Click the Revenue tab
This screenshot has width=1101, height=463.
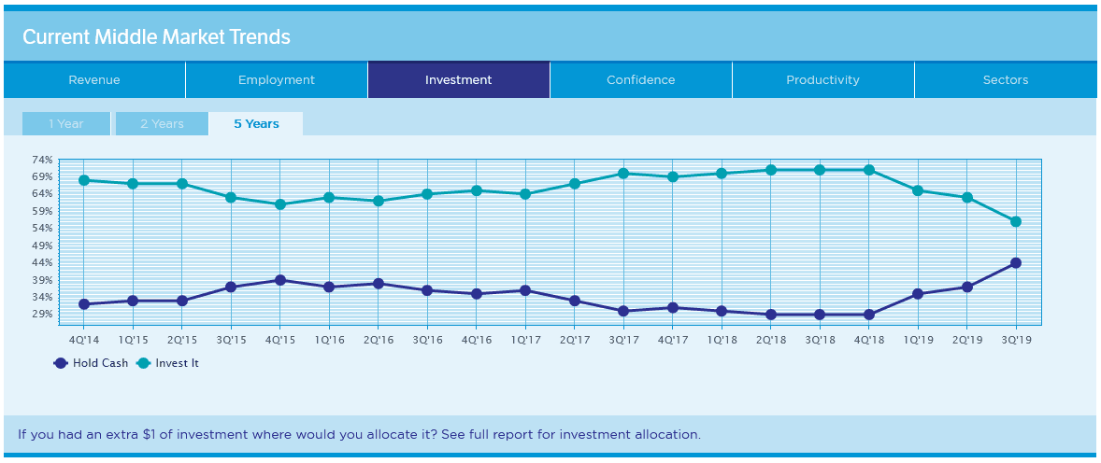click(94, 80)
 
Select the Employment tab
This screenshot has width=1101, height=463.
click(277, 80)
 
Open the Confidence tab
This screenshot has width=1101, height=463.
click(640, 80)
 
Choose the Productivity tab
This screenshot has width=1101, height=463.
click(822, 80)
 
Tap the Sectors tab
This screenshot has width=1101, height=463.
click(1005, 80)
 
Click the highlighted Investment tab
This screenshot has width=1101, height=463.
click(458, 80)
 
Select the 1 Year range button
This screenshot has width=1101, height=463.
click(66, 124)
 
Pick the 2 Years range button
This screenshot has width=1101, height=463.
click(162, 124)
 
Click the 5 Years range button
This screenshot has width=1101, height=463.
click(256, 124)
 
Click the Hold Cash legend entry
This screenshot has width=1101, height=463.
click(92, 363)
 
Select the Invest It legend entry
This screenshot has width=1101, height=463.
click(169, 363)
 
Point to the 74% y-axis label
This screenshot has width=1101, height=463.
click(42, 161)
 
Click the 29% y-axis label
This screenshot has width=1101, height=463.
click(42, 314)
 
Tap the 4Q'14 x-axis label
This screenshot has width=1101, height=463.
click(84, 340)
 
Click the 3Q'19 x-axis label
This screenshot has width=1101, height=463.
click(1016, 340)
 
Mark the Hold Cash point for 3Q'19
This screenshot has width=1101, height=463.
click(1016, 263)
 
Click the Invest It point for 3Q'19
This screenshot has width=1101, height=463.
click(1016, 221)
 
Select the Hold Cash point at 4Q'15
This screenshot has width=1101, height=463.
click(280, 280)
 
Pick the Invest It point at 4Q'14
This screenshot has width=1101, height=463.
click(84, 180)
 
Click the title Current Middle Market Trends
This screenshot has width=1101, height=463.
click(156, 37)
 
